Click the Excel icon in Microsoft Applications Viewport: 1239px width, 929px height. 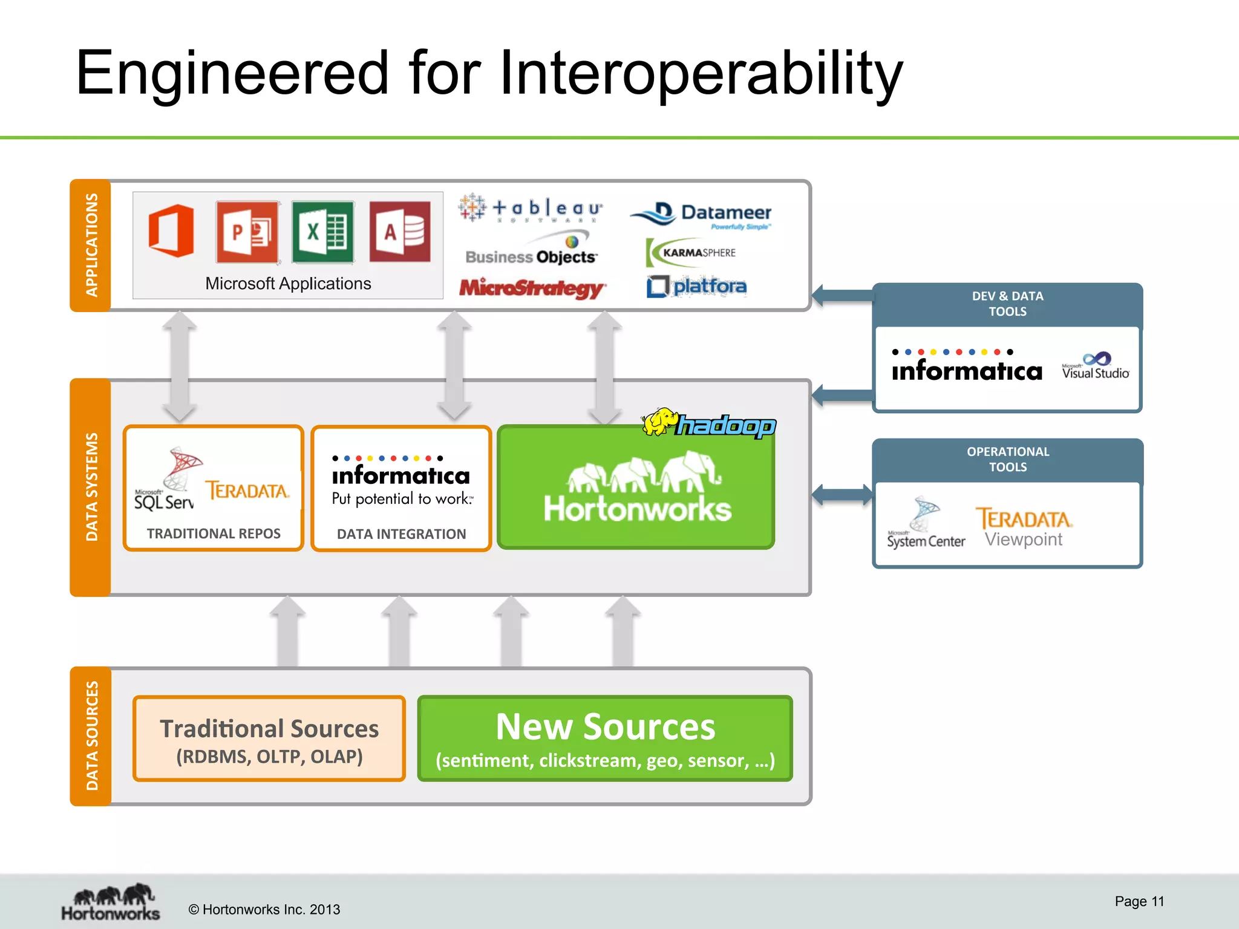(x=322, y=232)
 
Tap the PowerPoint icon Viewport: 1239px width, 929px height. (x=247, y=232)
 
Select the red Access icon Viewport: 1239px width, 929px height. (x=400, y=232)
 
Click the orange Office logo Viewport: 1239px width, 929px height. (x=172, y=231)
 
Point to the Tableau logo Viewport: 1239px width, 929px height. (x=531, y=209)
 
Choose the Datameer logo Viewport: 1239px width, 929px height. (x=702, y=214)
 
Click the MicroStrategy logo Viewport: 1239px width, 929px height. (x=531, y=288)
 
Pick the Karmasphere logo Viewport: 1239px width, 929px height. (x=691, y=253)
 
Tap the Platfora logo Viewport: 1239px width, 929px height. (x=696, y=286)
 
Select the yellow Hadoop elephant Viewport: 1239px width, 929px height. (x=659, y=422)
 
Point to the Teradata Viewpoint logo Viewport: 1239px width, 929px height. (x=1024, y=527)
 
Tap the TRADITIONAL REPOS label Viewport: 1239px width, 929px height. (x=214, y=533)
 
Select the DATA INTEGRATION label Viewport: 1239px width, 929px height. (x=401, y=534)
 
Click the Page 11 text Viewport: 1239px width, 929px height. (x=1139, y=901)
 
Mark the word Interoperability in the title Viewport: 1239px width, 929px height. (x=701, y=74)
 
